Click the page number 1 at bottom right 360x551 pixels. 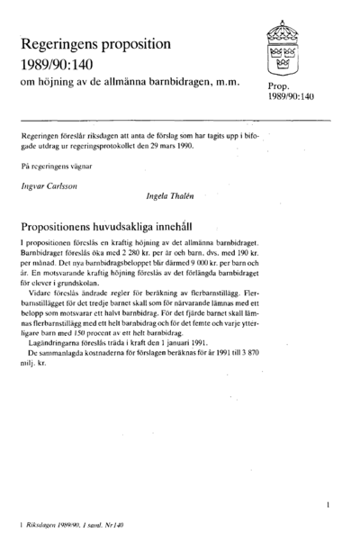tap(330, 506)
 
